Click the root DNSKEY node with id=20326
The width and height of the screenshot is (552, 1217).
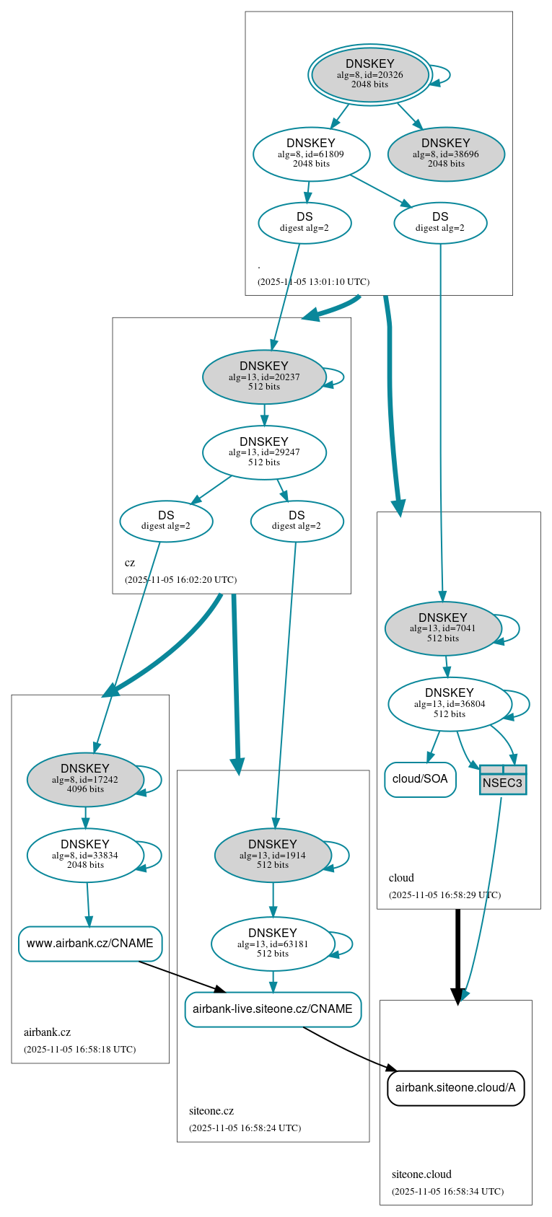tap(369, 75)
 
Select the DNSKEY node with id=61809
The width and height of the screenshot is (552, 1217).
tap(311, 154)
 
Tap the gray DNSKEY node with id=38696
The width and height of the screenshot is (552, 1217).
tap(446, 154)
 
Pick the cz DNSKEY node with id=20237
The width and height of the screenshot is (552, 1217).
tap(264, 377)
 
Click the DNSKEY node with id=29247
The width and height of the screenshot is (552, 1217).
tap(264, 452)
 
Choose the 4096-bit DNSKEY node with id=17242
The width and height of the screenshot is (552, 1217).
tap(85, 779)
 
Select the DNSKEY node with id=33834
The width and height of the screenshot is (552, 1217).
tap(85, 855)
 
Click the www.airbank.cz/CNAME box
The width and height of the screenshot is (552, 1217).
tap(90, 944)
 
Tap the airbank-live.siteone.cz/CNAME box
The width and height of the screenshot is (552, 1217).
tap(273, 1009)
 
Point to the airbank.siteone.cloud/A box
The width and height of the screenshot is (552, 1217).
tap(455, 1088)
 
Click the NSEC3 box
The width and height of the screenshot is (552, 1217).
tap(502, 781)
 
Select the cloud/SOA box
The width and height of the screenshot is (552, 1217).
tap(420, 779)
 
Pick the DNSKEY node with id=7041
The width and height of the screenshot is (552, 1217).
tap(443, 628)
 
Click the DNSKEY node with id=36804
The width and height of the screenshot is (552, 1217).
tap(450, 704)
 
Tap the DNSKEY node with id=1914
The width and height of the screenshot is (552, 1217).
tap(273, 855)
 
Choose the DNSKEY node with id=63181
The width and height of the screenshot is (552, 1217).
tap(273, 944)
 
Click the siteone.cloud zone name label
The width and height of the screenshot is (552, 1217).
tap(421, 1174)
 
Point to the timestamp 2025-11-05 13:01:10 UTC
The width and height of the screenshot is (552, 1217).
tap(313, 282)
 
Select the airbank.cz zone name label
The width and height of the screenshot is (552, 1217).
tap(47, 1032)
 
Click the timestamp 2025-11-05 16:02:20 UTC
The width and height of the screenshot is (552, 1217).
tap(180, 580)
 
